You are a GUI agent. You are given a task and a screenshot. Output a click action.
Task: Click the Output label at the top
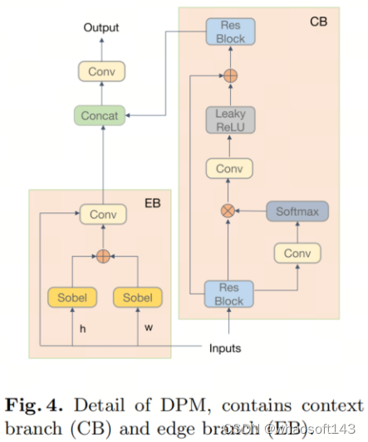pos(101,28)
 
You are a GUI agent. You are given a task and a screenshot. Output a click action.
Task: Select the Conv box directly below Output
pos(101,71)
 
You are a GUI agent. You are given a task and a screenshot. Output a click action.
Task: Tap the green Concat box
pos(101,114)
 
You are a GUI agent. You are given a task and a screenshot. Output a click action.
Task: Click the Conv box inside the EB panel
pos(103,215)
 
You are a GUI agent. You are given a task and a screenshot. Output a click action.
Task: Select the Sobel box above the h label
pos(72,297)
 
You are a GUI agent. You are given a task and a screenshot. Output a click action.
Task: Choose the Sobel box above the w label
pos(136,297)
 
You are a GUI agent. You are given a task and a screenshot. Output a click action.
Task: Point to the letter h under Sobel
pos(82,328)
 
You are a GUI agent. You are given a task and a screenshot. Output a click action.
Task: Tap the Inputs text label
pos(224,347)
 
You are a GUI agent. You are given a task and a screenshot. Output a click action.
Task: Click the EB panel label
pos(152,202)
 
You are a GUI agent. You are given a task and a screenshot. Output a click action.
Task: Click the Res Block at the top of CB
pos(230,32)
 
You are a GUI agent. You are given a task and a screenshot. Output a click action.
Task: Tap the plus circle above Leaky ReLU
pos(230,75)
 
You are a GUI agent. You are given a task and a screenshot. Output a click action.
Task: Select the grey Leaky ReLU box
pos(230,119)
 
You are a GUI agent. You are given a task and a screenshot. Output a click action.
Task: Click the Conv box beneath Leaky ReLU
pos(230,169)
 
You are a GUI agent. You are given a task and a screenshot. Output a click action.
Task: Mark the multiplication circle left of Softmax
pos(229,211)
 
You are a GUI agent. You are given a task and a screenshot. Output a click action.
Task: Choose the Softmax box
pos(297,211)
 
